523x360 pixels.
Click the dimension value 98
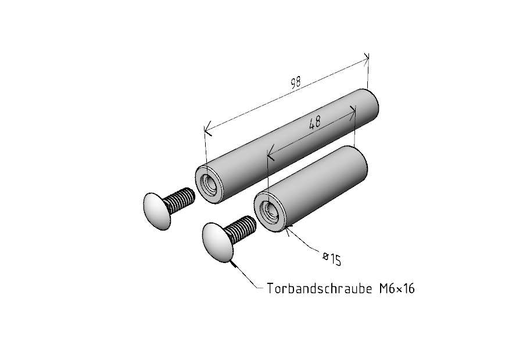[296, 82]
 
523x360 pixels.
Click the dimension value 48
[314, 123]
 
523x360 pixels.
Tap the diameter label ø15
[332, 259]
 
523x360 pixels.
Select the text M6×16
[397, 289]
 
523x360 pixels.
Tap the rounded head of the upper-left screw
[157, 211]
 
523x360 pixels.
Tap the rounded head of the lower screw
[216, 242]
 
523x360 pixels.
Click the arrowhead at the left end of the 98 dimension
[207, 129]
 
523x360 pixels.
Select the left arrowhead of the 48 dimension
[270, 153]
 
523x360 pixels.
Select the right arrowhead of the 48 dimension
[353, 112]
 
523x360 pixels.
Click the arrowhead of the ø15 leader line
[288, 228]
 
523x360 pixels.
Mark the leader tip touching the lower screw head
[231, 262]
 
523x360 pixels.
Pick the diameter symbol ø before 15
[326, 256]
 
